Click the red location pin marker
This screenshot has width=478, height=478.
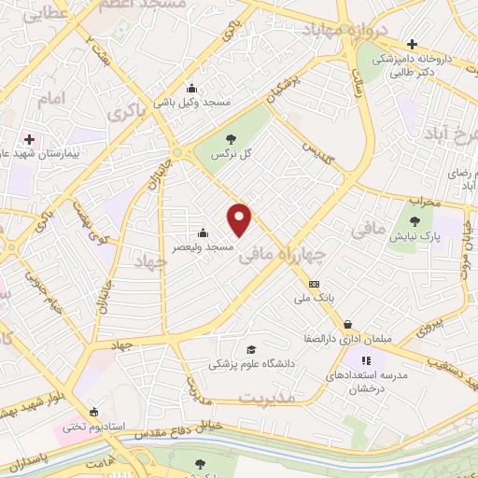(x=241, y=220)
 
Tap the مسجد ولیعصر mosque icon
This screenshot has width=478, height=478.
(x=204, y=232)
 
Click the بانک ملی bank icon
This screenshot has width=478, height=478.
(x=314, y=285)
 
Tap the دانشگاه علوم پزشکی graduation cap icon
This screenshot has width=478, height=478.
(x=249, y=350)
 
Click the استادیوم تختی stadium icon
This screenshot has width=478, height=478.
(x=92, y=412)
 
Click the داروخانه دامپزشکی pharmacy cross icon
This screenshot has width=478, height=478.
(x=413, y=44)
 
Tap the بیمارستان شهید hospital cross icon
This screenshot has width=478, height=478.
(x=29, y=138)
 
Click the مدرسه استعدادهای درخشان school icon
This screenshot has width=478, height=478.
(x=367, y=359)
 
